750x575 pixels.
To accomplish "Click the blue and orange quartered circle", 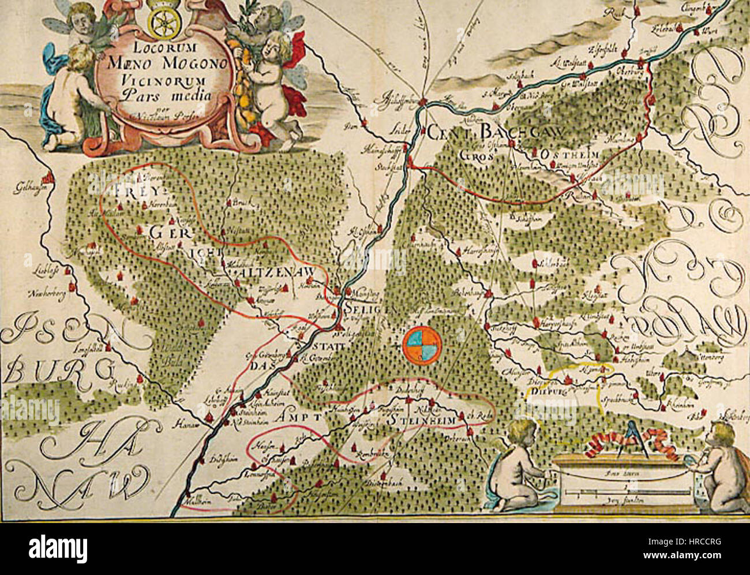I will (422, 344).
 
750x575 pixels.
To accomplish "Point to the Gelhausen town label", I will (27, 188).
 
